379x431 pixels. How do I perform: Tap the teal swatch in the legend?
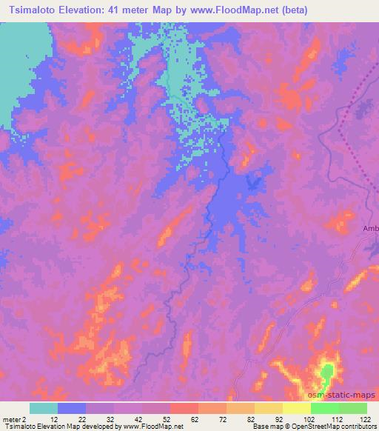44,408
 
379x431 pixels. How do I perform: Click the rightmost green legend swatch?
352,408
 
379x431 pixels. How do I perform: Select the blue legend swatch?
72,408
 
